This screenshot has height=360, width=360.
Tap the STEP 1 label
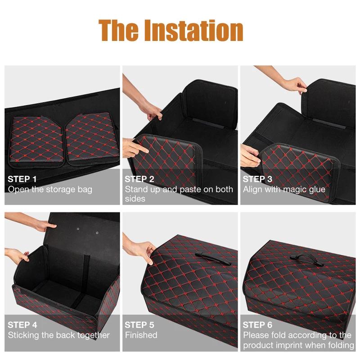pyautogui.click(x=22, y=179)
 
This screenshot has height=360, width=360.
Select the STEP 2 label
pyautogui.click(x=139, y=179)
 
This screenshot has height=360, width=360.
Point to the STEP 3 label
pyautogui.click(x=257, y=179)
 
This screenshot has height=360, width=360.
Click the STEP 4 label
pyautogui.click(x=22, y=325)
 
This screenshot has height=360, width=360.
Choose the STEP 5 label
pyautogui.click(x=139, y=325)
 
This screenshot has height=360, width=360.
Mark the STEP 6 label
pyautogui.click(x=257, y=325)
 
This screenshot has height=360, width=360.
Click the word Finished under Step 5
pyautogui.click(x=141, y=335)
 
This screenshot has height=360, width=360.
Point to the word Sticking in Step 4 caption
pyautogui.click(x=23, y=335)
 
